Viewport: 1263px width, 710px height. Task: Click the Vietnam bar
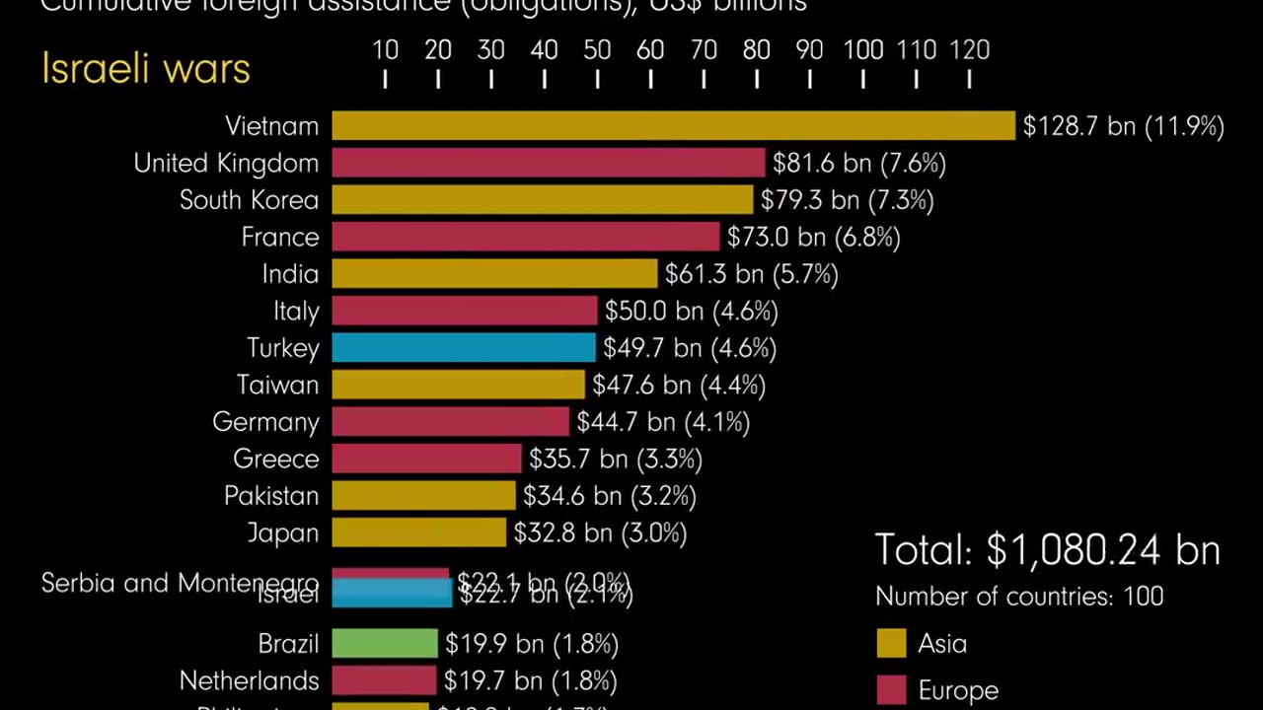pyautogui.click(x=673, y=126)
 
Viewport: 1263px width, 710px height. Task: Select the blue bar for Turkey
pyautogui.click(x=464, y=348)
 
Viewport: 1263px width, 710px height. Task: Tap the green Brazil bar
pyautogui.click(x=385, y=644)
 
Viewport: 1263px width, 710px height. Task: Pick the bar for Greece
pyautogui.click(x=426, y=459)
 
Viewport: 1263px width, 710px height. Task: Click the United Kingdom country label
pyautogui.click(x=226, y=164)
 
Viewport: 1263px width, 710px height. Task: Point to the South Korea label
pyautogui.click(x=249, y=200)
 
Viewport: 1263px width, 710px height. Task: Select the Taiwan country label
pyautogui.click(x=277, y=386)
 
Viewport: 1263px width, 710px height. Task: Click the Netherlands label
pyautogui.click(x=249, y=681)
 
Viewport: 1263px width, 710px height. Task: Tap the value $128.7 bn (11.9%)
pyautogui.click(x=1123, y=126)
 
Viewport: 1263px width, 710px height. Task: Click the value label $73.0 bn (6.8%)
pyautogui.click(x=813, y=238)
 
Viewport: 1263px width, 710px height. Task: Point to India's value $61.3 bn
pyautogui.click(x=751, y=274)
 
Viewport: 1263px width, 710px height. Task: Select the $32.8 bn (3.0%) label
pyautogui.click(x=600, y=533)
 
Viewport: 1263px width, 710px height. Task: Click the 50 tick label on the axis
pyautogui.click(x=597, y=50)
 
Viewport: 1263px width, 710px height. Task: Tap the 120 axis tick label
pyautogui.click(x=969, y=50)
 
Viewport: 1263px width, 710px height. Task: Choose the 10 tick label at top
pyautogui.click(x=385, y=50)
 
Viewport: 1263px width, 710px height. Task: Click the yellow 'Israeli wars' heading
pyautogui.click(x=146, y=69)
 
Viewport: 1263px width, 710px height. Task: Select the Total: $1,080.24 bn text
pyautogui.click(x=1047, y=550)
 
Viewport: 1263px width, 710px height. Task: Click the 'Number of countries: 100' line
pyautogui.click(x=1019, y=597)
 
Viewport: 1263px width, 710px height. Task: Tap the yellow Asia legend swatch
pyautogui.click(x=891, y=644)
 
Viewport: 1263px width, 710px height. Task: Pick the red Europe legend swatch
pyautogui.click(x=891, y=690)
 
